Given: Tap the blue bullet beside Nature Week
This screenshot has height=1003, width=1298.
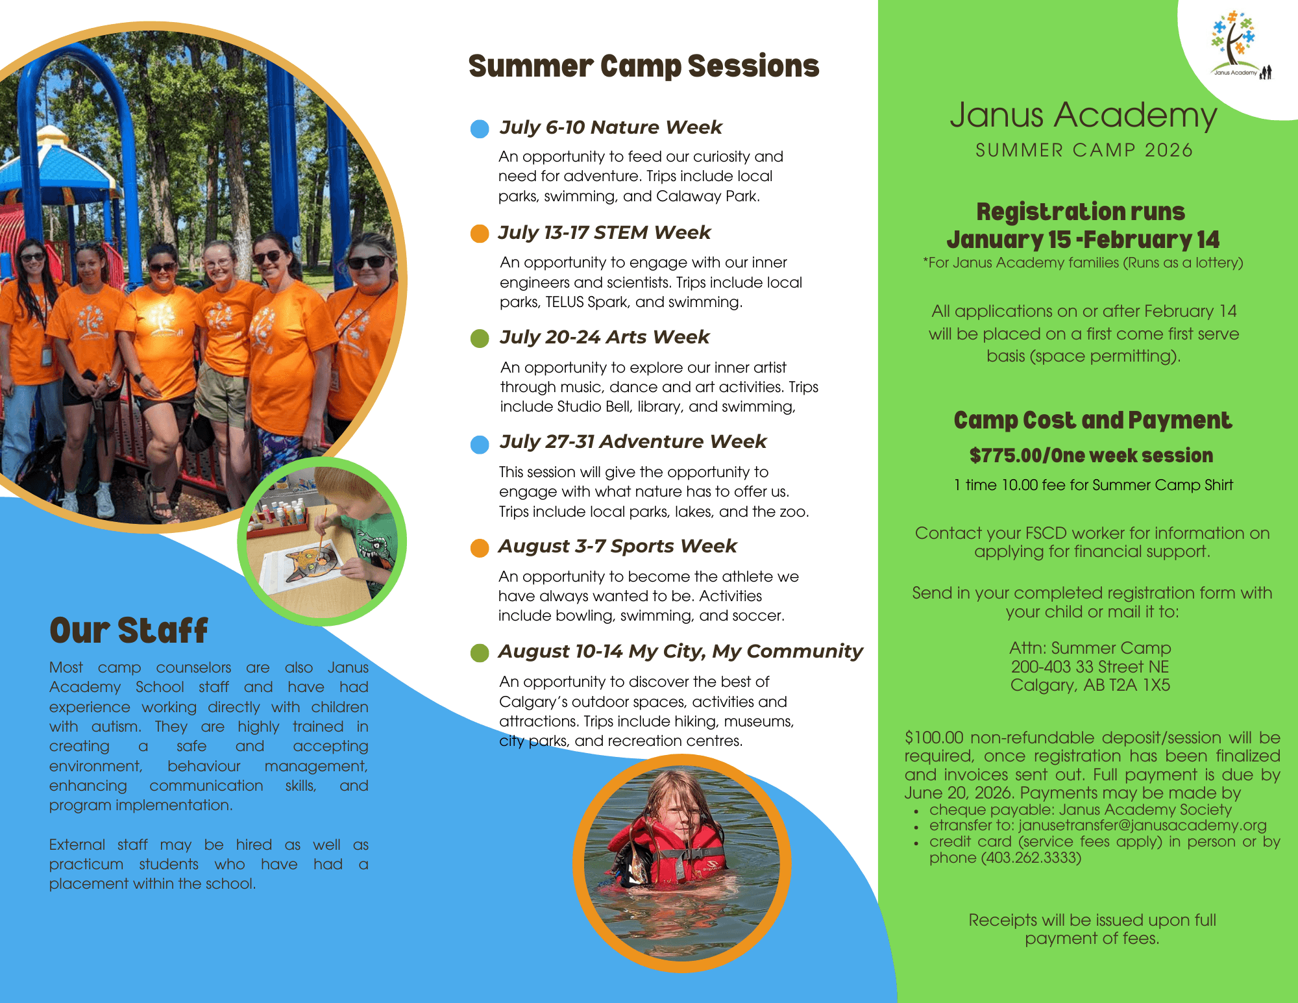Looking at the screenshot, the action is pos(480,129).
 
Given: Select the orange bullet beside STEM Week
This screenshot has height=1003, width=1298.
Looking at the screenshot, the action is pos(480,234).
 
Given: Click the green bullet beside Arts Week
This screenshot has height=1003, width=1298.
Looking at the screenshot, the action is pos(480,338).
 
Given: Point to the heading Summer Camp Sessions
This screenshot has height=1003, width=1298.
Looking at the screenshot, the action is pos(644,66).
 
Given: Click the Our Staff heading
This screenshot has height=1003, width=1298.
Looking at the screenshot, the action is pos(129,630).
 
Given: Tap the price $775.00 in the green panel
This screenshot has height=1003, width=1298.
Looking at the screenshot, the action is pos(1005,456).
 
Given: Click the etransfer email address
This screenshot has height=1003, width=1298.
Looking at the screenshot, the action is pos(1142,825).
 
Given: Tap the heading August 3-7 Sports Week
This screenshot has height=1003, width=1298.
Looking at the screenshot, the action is pos(618,546).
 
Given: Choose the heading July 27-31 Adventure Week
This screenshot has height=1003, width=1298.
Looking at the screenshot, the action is pos(633,441).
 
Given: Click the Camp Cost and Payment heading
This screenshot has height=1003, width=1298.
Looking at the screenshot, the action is pos(1093,421).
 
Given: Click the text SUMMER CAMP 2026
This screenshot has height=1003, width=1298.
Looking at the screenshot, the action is pos(1084,150).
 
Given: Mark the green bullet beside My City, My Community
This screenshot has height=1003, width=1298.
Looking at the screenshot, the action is pos(480,652).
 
